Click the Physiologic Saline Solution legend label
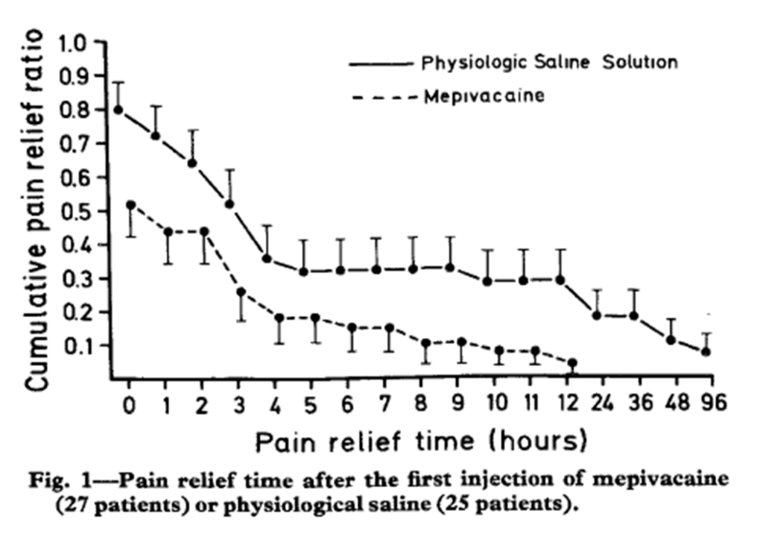550,63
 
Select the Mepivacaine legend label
484,96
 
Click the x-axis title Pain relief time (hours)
417,442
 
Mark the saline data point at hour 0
118,110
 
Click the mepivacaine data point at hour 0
131,204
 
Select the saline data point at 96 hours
706,351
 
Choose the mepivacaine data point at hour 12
572,363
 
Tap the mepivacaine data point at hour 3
241,292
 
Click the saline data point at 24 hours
596,315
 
